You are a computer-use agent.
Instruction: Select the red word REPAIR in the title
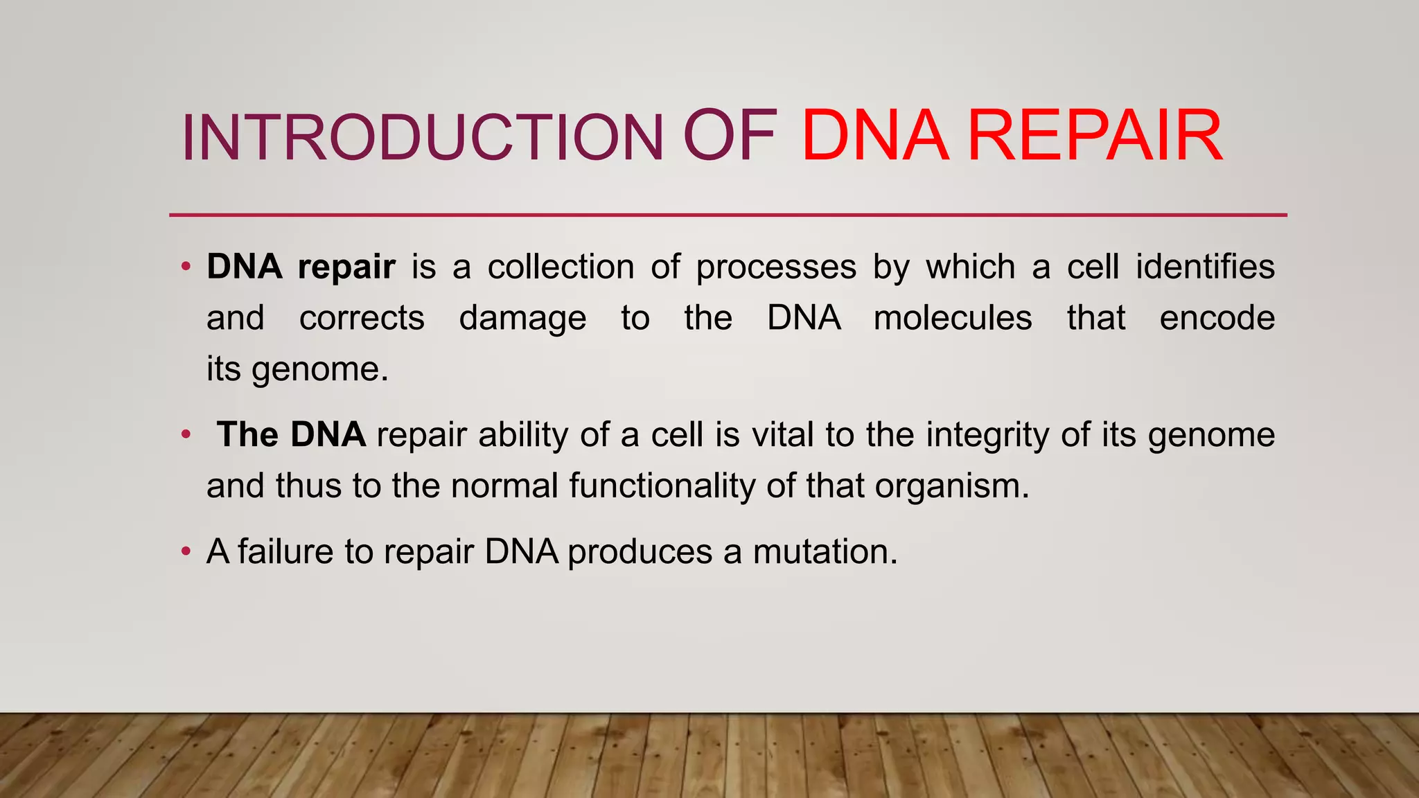click(x=1095, y=136)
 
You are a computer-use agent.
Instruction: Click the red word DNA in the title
click(x=874, y=136)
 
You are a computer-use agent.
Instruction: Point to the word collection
click(x=561, y=267)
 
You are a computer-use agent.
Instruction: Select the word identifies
click(x=1205, y=267)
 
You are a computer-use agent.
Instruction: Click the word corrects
click(x=362, y=319)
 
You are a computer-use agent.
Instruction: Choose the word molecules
click(x=953, y=318)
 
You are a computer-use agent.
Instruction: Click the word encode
click(x=1217, y=318)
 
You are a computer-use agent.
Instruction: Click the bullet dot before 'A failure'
click(x=185, y=552)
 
